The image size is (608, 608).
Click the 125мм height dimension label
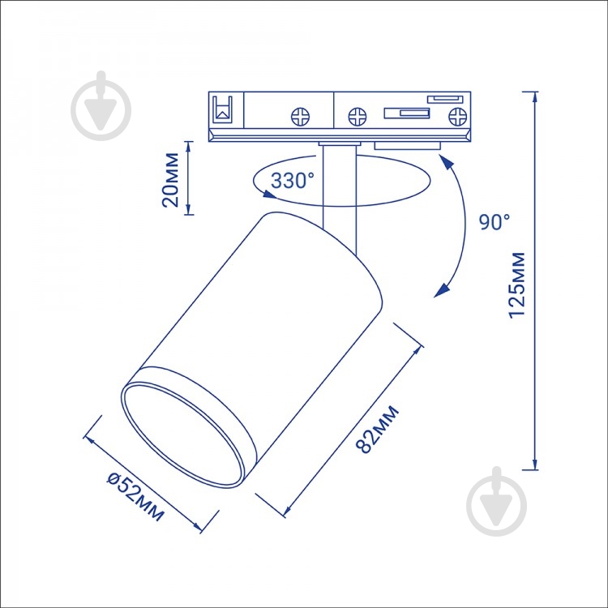point(517,285)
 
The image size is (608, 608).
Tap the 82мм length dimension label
point(377,429)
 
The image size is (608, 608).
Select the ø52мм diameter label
point(135,497)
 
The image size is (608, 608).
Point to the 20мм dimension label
point(170,180)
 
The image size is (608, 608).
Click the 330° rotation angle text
point(293,180)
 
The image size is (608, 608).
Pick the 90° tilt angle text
point(495,222)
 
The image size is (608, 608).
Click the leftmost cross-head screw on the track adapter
point(300,116)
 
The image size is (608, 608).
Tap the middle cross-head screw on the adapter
point(358,116)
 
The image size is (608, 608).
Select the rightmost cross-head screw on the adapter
point(457,116)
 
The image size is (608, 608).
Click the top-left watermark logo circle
point(101,109)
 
